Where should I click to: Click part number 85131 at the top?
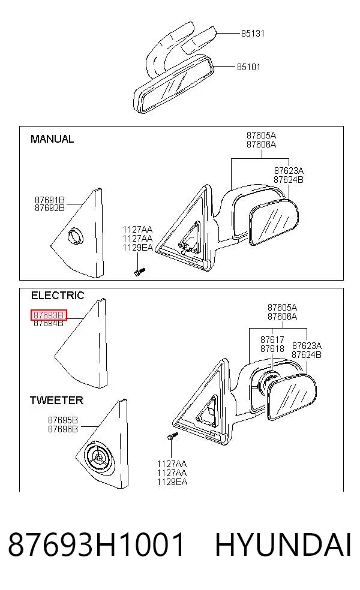pos(253,34)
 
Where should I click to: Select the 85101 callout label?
pos(248,67)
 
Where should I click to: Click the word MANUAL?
pos(52,139)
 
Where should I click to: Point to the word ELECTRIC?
pos(58,296)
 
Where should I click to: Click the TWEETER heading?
pos(56,401)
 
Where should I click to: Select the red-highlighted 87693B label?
pos(49,315)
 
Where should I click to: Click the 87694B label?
pos(49,323)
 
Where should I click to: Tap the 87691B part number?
pos(50,200)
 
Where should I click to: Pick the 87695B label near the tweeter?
pos(62,420)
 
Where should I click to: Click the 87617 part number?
pos(272,340)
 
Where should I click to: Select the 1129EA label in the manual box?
pos(138,248)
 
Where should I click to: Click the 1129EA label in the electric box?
pos(172,482)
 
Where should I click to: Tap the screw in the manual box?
pos(139,271)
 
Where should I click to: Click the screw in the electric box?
pos(172,437)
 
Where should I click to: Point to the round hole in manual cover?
pos(76,236)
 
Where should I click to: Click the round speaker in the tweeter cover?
pos(98,457)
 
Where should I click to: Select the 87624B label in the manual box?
pos(289,180)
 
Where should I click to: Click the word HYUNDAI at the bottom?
pos(283,544)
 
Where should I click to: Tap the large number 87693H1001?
pos(97,544)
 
